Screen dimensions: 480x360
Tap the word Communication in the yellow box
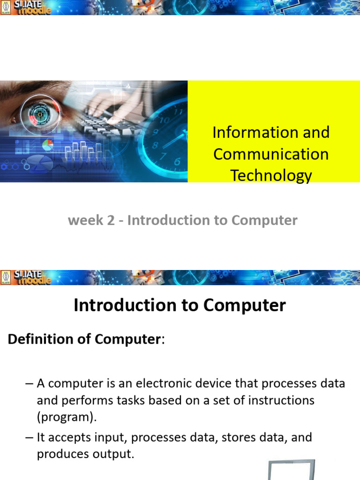tap(271, 154)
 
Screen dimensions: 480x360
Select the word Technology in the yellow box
tap(271, 176)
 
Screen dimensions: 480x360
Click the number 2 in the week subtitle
tap(111, 220)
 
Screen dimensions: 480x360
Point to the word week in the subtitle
tap(85, 220)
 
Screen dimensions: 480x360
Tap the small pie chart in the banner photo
tap(48, 145)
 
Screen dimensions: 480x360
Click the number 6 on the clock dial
tap(177, 162)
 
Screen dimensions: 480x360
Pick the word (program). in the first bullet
tap(64, 417)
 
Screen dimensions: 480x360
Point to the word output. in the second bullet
tap(112, 454)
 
